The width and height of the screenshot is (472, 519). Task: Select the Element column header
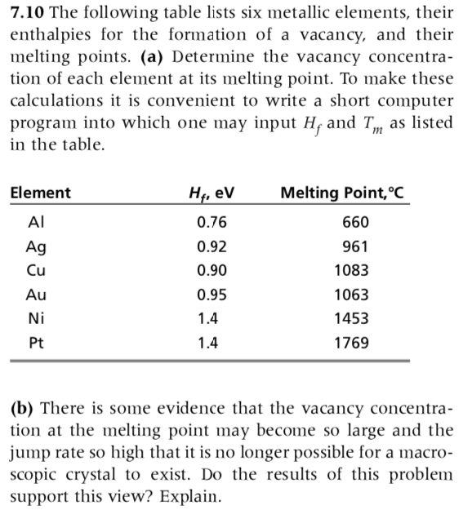41,193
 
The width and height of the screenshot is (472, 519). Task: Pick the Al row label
36,222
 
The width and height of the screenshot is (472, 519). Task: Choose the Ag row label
37,246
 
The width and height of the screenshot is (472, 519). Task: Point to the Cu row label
37,270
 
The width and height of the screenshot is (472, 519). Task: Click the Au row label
37,295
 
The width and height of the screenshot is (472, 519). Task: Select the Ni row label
35,318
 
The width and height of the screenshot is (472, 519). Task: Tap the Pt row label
36,343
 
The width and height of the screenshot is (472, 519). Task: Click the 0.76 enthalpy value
212,222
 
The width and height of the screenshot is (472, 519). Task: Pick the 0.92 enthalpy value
212,246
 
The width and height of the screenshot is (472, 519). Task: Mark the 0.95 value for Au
212,295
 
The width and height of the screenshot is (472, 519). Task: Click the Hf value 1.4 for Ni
208,318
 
